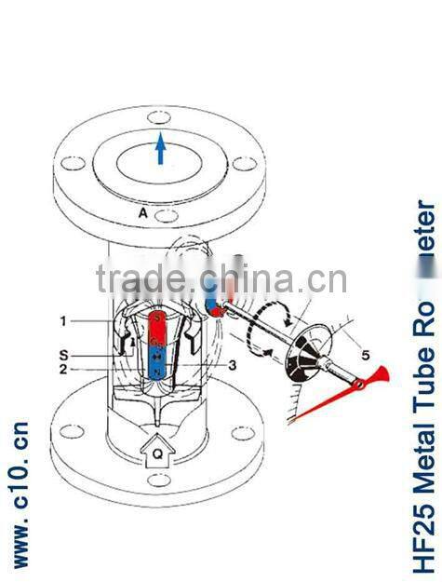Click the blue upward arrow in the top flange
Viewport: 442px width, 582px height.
pyautogui.click(x=161, y=149)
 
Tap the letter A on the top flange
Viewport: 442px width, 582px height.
pyautogui.click(x=143, y=212)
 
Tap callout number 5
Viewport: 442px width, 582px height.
pyautogui.click(x=340, y=354)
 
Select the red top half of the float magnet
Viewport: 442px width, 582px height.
pyautogui.click(x=159, y=329)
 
